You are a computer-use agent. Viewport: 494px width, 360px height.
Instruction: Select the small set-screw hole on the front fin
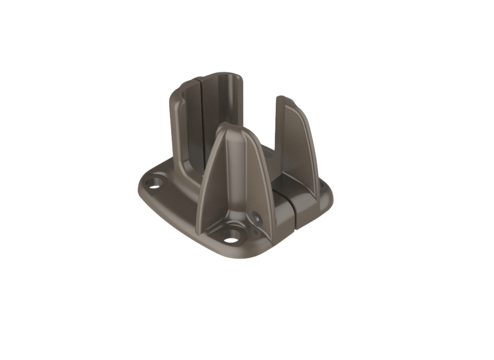coord(256,217)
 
